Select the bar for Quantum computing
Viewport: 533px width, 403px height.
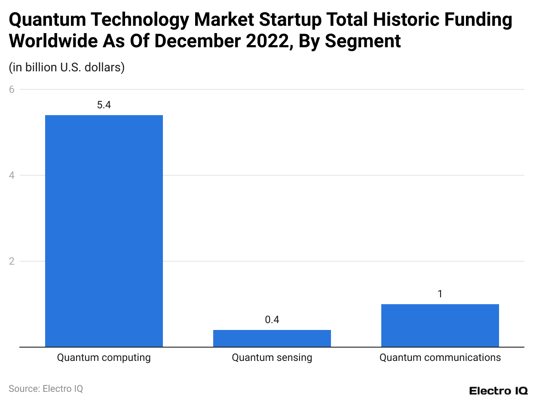pyautogui.click(x=104, y=231)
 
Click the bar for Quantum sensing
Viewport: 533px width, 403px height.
pyautogui.click(x=272, y=338)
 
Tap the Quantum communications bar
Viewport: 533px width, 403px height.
pyautogui.click(x=440, y=325)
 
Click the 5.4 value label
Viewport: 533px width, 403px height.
pyautogui.click(x=104, y=105)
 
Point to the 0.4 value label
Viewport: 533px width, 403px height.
pyautogui.click(x=272, y=320)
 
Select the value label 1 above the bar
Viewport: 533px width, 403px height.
pyautogui.click(x=440, y=294)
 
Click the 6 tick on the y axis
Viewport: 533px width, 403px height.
pyautogui.click(x=12, y=89)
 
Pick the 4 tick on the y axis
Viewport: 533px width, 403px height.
pyautogui.click(x=12, y=175)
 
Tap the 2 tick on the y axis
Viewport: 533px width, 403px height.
pyautogui.click(x=12, y=261)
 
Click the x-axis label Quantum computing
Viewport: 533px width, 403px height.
pyautogui.click(x=104, y=357)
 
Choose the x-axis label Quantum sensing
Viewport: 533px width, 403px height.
pyautogui.click(x=272, y=357)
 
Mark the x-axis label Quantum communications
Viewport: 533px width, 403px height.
pyautogui.click(x=440, y=357)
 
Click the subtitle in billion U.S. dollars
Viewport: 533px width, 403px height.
pyautogui.click(x=67, y=67)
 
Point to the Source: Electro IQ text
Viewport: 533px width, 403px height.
pyautogui.click(x=46, y=388)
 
